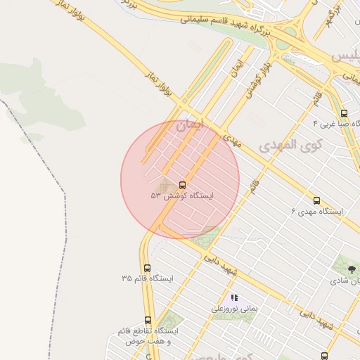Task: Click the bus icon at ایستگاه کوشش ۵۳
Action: coord(183,185)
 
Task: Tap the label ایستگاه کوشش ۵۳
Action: coord(182,195)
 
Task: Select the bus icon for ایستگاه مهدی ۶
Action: coord(316,200)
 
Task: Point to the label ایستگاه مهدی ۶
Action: coord(317,211)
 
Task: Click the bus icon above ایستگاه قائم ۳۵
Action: coord(147,268)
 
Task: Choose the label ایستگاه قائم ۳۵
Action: coord(147,278)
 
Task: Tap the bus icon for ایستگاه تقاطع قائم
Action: coord(148,320)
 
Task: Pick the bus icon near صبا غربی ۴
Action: coord(344,112)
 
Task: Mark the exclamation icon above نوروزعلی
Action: coord(234,297)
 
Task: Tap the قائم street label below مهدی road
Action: coord(252,187)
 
